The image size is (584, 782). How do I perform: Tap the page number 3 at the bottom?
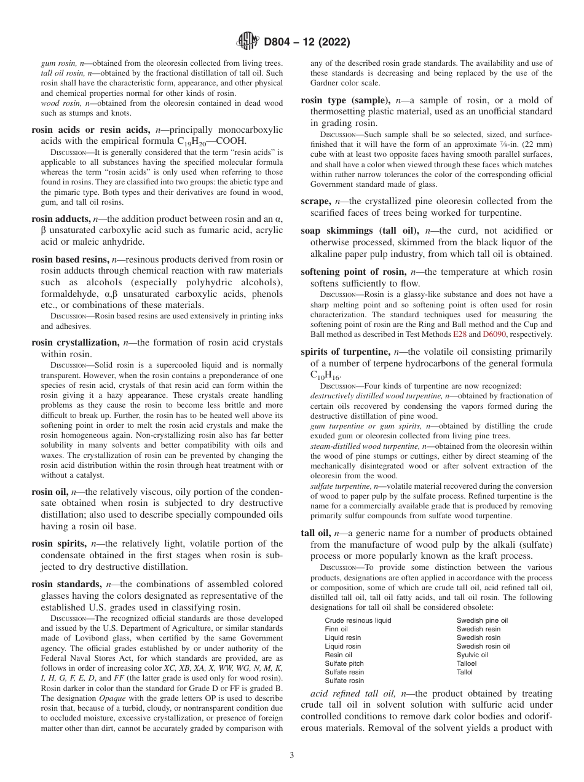click(292, 756)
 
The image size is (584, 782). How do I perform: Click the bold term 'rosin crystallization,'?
click(75, 342)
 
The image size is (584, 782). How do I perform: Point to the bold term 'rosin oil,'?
click(50, 492)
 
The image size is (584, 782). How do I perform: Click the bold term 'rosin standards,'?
click(66, 583)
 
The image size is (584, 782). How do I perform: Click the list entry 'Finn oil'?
click(336, 629)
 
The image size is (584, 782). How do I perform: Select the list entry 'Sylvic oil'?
click(472, 655)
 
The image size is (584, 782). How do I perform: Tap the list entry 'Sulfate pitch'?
click(344, 663)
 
